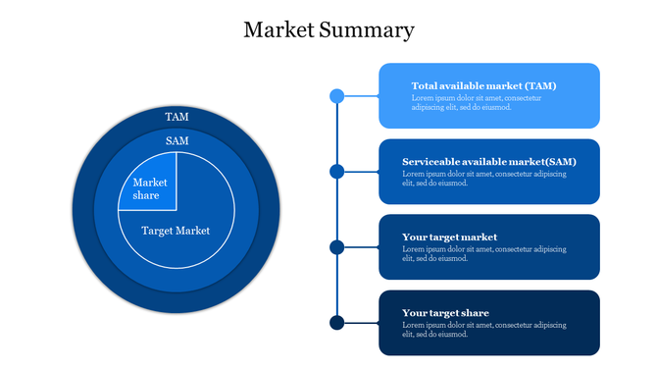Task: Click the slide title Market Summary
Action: (x=328, y=30)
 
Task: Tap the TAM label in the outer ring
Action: (x=177, y=117)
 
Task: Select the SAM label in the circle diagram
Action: (x=177, y=141)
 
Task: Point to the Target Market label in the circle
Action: (x=176, y=231)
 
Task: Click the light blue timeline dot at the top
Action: (x=336, y=96)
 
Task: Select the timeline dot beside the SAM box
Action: (x=336, y=172)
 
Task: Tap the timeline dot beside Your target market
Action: (x=336, y=247)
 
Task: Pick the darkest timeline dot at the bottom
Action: (x=336, y=323)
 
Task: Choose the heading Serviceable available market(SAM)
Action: (x=488, y=161)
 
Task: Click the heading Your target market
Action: (x=449, y=237)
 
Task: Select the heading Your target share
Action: (x=445, y=313)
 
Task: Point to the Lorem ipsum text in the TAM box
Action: (x=476, y=102)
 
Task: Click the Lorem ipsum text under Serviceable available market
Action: (x=484, y=178)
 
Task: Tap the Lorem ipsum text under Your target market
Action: (x=484, y=253)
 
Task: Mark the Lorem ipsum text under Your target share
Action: (x=484, y=329)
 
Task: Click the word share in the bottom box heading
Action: (x=473, y=313)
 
